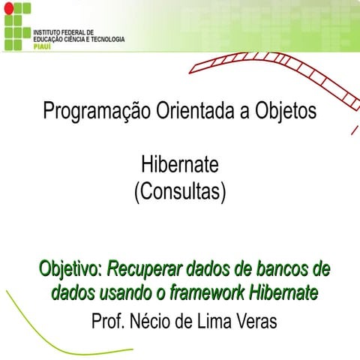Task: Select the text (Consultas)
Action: point(180,191)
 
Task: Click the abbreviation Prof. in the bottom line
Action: point(107,322)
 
